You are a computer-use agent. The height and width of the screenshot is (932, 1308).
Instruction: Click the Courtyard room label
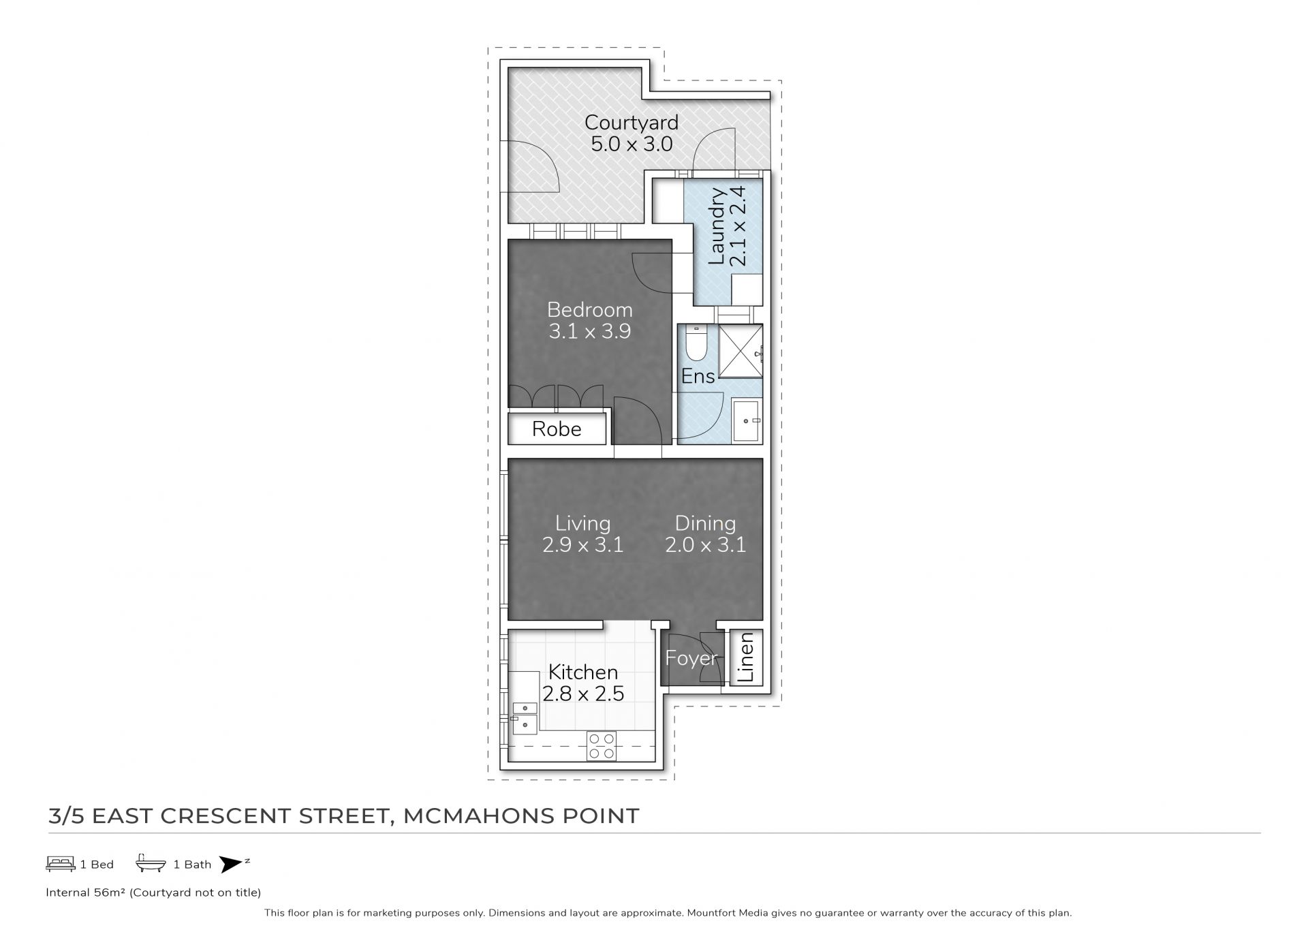(x=631, y=123)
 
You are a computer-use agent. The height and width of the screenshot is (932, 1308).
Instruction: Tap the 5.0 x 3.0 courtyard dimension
(x=632, y=144)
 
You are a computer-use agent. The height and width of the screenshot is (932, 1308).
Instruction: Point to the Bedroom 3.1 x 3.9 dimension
(x=590, y=332)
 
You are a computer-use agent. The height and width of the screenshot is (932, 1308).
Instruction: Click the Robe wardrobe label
(x=557, y=429)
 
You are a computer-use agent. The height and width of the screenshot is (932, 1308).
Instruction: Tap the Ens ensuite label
(x=698, y=376)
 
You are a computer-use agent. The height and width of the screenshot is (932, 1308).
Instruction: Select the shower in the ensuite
(x=740, y=350)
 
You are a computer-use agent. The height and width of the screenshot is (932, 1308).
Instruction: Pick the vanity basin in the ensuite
(x=747, y=422)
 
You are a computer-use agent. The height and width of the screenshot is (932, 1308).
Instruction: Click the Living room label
(x=583, y=523)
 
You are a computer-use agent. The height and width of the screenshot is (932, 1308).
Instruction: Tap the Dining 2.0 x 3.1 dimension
(x=706, y=545)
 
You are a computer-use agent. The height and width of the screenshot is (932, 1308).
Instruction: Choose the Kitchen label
(x=583, y=672)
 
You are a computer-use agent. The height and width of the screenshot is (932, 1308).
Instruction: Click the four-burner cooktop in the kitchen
(x=602, y=746)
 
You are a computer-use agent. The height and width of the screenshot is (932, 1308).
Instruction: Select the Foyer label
(x=691, y=658)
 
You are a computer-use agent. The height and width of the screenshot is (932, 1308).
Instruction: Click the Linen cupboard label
(x=746, y=657)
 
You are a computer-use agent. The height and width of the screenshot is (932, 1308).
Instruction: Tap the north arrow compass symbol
(x=232, y=864)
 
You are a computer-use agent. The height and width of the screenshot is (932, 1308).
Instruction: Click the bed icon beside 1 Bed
(x=61, y=864)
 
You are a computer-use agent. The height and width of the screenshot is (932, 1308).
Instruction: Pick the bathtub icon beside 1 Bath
(x=151, y=863)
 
